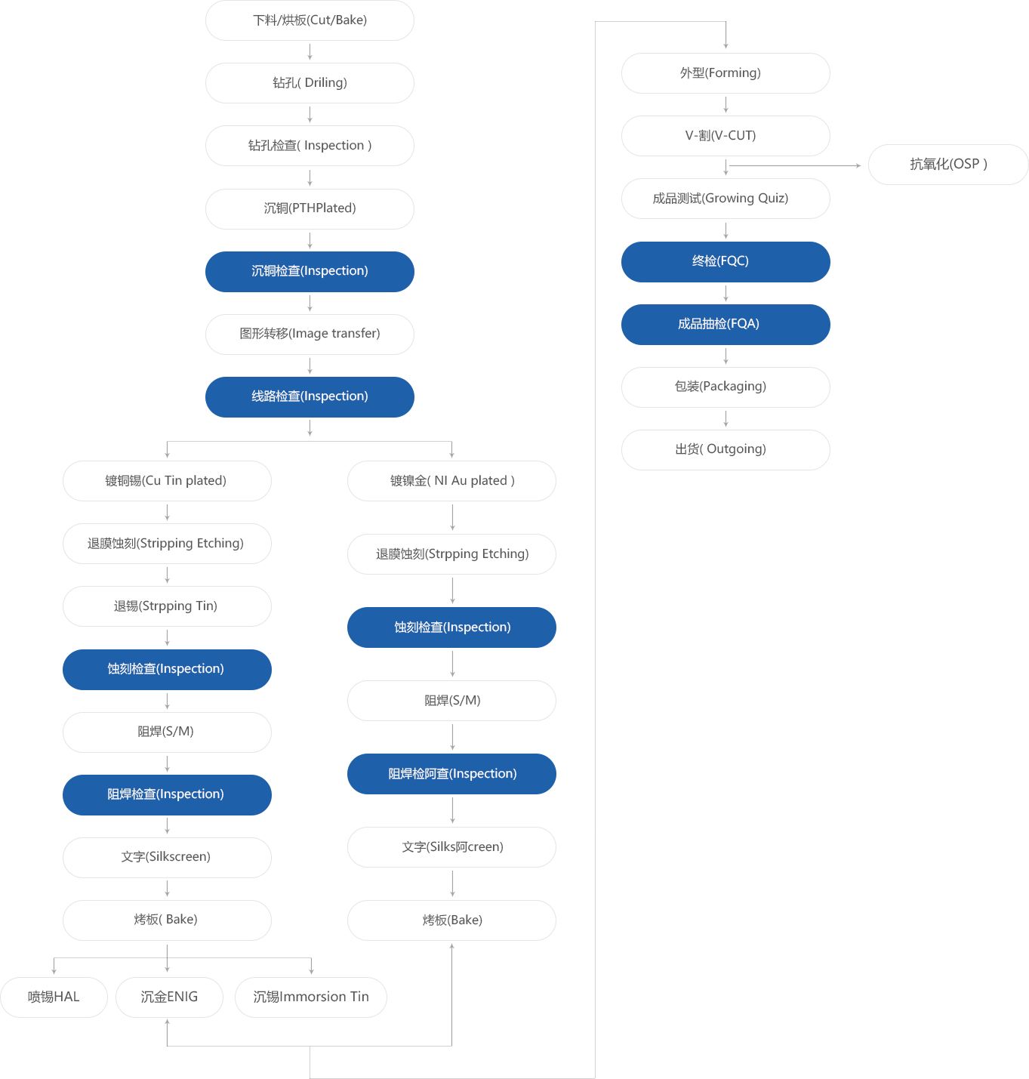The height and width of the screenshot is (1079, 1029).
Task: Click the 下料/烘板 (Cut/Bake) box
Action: point(310,20)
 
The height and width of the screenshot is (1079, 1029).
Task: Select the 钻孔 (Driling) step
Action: point(310,83)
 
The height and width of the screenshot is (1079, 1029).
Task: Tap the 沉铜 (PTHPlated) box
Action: point(310,208)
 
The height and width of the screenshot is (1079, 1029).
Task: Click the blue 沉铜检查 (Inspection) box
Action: point(310,271)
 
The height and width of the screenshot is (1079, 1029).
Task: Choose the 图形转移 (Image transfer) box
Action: point(310,334)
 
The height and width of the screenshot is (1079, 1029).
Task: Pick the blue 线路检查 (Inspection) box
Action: point(310,396)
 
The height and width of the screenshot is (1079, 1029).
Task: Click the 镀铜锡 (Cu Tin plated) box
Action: point(167,481)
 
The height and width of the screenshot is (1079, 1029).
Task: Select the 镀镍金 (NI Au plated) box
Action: point(451,481)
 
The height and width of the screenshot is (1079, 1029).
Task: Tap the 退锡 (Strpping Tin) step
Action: point(167,606)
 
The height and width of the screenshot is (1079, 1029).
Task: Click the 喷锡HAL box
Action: point(54,997)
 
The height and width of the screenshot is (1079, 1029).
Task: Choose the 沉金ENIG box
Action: point(169,997)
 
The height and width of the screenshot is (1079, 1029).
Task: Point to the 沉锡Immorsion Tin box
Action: point(311,997)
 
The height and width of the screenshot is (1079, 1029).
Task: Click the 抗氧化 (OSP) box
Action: point(948,165)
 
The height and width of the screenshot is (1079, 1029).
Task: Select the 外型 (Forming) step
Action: point(726,73)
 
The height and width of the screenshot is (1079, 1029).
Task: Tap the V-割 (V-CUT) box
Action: point(726,136)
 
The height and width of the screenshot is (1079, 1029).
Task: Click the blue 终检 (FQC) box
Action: point(726,261)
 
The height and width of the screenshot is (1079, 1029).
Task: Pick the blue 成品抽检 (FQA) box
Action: point(726,324)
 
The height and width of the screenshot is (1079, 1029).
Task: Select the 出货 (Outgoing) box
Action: point(726,449)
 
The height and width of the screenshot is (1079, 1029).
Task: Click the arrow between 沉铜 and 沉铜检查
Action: point(310,240)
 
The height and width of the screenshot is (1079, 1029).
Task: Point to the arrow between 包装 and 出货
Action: point(726,418)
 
